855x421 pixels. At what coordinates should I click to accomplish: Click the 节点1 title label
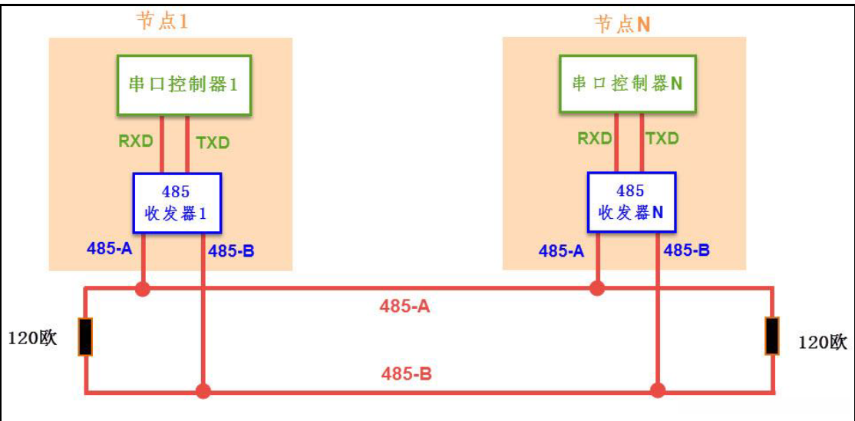coord(162,22)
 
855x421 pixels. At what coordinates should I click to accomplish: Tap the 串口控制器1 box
coord(183,85)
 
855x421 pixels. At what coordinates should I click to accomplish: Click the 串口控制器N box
coord(627,83)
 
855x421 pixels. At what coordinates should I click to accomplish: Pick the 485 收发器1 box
coord(177,202)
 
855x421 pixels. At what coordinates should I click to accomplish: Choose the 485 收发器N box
coord(630,201)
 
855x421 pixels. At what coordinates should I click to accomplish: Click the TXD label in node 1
coord(213,142)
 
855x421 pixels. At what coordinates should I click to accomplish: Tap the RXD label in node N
coord(595,138)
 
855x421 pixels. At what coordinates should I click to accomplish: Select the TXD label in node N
coord(662,138)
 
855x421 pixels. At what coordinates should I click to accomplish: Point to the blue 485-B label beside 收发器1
coord(231,250)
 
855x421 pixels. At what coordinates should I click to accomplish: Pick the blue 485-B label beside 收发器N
coord(686,250)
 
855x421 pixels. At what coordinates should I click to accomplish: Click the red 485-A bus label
coord(404,307)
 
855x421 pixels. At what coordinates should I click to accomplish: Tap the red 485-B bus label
coord(406,374)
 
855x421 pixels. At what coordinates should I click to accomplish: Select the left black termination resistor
coord(85,337)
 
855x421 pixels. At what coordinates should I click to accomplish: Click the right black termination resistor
coord(771,336)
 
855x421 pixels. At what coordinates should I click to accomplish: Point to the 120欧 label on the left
coord(32,338)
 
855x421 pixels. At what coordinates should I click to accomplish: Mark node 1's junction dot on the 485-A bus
coord(142,289)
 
